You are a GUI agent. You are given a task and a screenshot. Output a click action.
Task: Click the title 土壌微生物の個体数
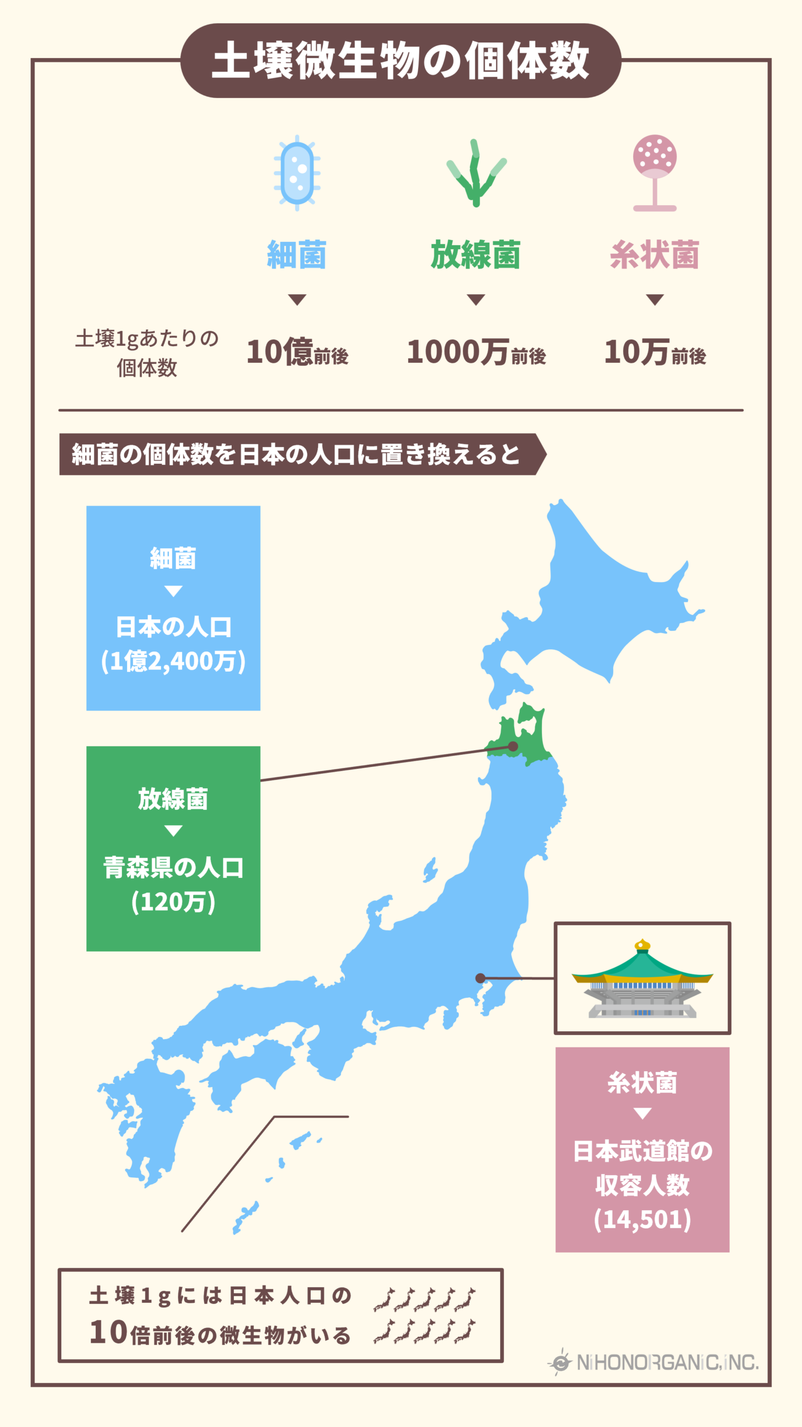pos(400,60)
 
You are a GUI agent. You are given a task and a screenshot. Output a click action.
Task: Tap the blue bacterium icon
pos(297,172)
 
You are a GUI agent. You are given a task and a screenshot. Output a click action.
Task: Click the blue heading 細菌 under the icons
pos(297,255)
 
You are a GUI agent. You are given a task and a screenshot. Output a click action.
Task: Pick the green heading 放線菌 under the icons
pos(476,255)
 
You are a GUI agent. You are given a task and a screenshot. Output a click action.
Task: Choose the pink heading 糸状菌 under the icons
pos(655,255)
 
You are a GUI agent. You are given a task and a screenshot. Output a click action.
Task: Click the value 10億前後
pos(297,352)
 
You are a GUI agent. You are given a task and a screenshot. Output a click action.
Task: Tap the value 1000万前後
pos(476,352)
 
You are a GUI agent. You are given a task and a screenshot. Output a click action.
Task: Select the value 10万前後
pos(655,352)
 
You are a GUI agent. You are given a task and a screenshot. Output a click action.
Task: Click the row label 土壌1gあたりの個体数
pos(146,353)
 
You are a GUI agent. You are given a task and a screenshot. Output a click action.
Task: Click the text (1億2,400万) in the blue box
pos(173,661)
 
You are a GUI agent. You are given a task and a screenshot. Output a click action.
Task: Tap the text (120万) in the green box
pos(173,902)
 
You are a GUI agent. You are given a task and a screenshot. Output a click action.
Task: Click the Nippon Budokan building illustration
pos(642,979)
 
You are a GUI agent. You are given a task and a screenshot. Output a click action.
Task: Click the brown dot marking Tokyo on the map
pos(480,978)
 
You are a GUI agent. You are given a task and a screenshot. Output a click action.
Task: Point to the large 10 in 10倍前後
pos(109,1332)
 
